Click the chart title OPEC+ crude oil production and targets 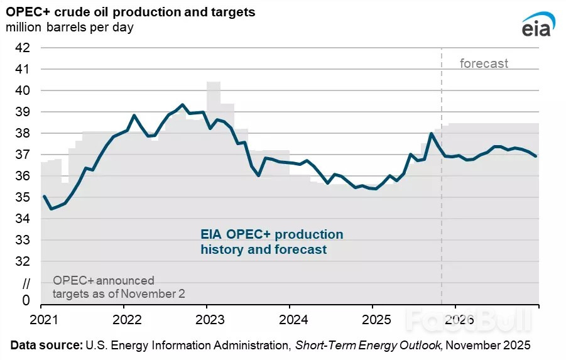[x=131, y=13]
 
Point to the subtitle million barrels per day [x=70, y=28]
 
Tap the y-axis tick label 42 [x=23, y=47]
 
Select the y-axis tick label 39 [x=23, y=112]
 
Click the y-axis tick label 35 [x=23, y=197]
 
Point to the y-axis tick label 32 [x=23, y=261]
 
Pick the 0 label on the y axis [x=26, y=300]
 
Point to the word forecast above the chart [x=484, y=63]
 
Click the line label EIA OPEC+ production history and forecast [x=272, y=242]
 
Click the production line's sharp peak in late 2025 [x=432, y=133]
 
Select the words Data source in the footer [x=46, y=346]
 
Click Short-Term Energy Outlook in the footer [x=369, y=346]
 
